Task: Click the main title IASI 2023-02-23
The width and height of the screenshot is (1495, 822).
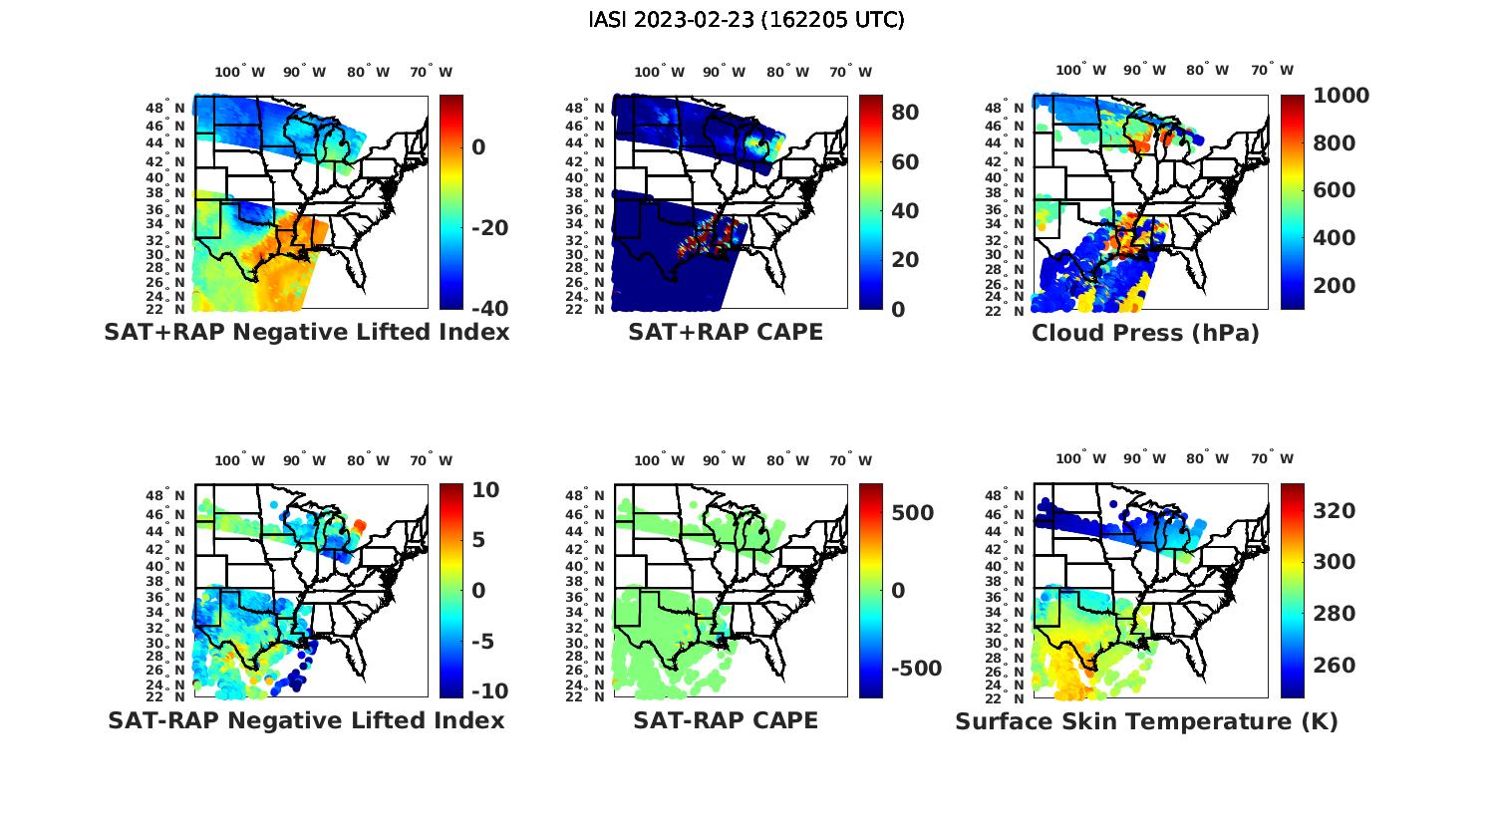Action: (x=747, y=20)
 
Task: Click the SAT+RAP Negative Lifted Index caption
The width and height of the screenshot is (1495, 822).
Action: (x=306, y=332)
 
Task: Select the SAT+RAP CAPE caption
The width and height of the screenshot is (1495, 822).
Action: (x=726, y=332)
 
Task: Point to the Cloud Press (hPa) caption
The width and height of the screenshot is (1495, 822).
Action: (x=1145, y=333)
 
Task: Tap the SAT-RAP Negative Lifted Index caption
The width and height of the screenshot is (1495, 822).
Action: (x=306, y=720)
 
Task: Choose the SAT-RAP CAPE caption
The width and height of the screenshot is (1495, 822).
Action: (x=726, y=720)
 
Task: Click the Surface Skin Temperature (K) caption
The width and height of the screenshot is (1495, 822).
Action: (x=1146, y=721)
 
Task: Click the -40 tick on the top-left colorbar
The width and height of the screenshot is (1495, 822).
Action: (x=489, y=308)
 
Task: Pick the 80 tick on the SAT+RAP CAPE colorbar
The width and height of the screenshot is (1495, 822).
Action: (x=905, y=112)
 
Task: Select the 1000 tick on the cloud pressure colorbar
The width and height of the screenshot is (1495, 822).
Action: (x=1341, y=96)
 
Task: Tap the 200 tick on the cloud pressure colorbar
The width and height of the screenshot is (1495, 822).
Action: (x=1335, y=285)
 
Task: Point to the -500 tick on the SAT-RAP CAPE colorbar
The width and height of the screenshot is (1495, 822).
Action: (x=915, y=668)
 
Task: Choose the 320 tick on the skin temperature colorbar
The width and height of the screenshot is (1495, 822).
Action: (x=1335, y=511)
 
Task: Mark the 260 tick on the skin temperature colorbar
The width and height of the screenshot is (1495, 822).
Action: (x=1335, y=666)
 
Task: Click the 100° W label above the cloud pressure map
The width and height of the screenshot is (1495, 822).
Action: (x=1081, y=70)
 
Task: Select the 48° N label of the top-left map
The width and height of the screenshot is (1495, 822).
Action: (x=165, y=108)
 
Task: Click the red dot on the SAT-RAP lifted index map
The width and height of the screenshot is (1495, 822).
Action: (x=360, y=524)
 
